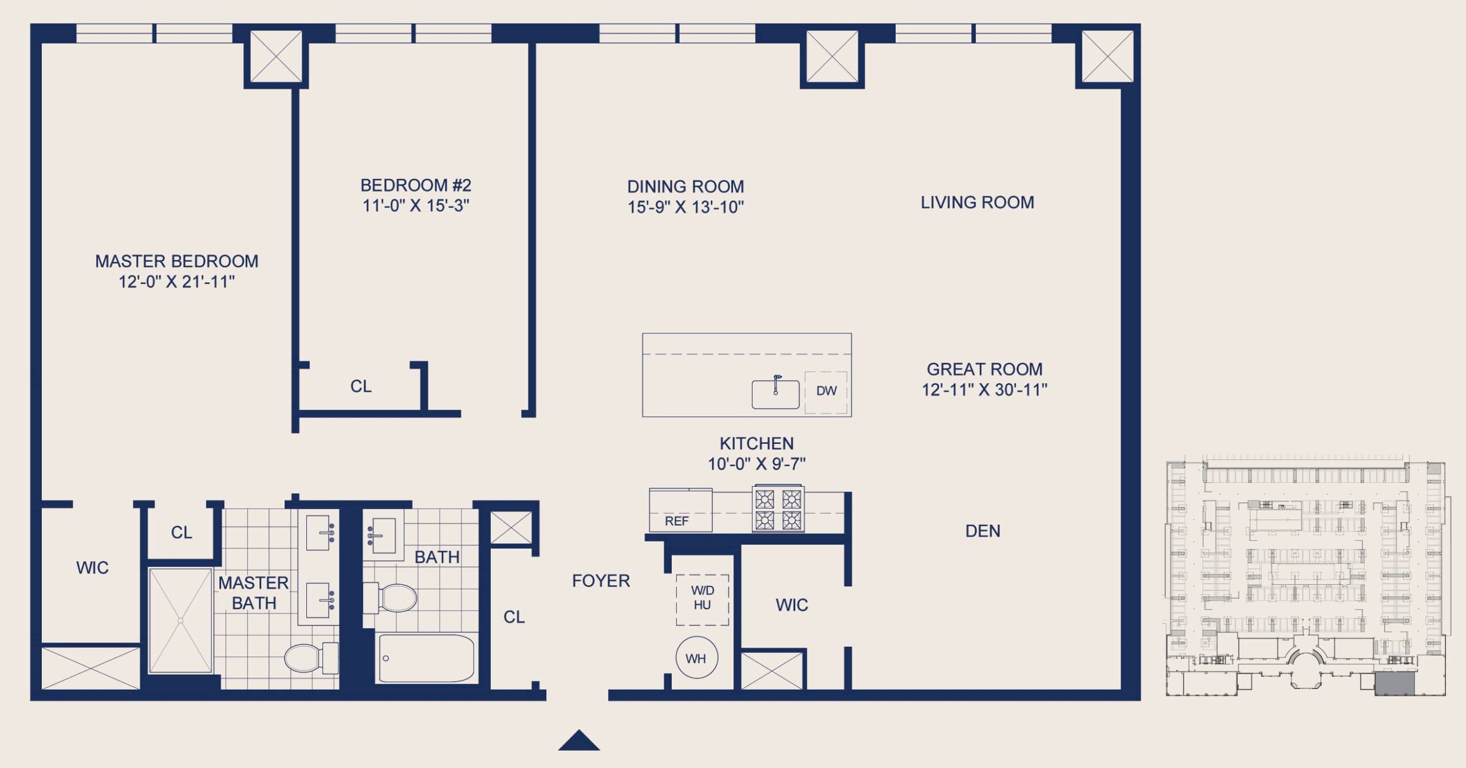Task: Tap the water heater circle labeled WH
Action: tap(696, 658)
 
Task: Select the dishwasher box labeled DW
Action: tap(826, 392)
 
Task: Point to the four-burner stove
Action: tap(778, 509)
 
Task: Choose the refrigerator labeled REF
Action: tap(680, 510)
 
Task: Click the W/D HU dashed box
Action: tap(703, 600)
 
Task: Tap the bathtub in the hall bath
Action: tap(427, 658)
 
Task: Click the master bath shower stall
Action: tap(180, 620)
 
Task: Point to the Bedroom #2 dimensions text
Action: tap(416, 206)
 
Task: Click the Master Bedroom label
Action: tap(176, 261)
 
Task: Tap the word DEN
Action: tap(983, 531)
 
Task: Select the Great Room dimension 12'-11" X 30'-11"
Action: tap(984, 390)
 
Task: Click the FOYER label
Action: tap(601, 581)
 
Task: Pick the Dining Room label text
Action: tap(685, 187)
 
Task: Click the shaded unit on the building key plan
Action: tap(1395, 684)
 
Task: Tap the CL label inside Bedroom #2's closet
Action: tap(361, 387)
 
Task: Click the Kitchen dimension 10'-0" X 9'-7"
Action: tap(756, 464)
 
